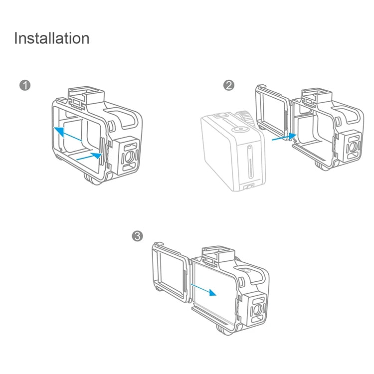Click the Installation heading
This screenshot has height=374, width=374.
52,38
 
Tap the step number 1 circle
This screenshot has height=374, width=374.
25,85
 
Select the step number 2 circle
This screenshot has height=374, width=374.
229,85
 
